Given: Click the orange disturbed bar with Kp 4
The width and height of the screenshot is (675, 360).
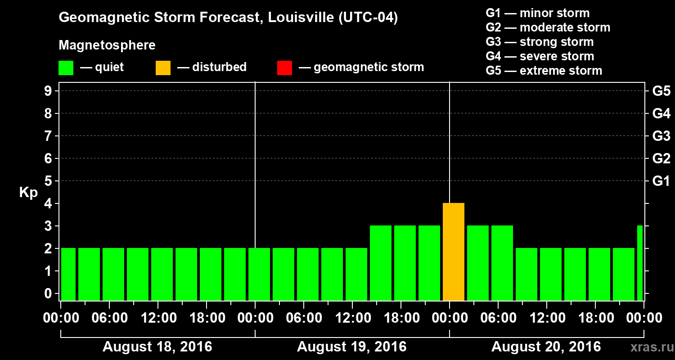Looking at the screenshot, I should (453, 252).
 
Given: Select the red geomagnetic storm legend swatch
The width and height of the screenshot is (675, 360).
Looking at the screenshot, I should (284, 68).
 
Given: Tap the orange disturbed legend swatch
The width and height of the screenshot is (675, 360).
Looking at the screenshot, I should (163, 68).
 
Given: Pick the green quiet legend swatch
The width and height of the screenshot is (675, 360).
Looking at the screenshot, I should (66, 68).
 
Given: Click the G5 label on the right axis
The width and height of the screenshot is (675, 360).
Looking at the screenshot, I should (661, 91).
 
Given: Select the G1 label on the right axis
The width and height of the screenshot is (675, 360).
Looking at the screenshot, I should (661, 181).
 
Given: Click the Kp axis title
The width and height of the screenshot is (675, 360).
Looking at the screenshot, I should (28, 193).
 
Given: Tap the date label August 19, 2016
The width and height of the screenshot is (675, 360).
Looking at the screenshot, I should (351, 347).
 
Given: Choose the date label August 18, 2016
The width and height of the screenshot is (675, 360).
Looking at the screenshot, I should (157, 347).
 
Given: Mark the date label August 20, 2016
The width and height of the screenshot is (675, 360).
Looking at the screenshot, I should (546, 347).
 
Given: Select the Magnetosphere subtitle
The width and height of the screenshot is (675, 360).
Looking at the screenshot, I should (107, 45).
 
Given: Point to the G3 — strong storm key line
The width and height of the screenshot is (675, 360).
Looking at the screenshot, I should (540, 42).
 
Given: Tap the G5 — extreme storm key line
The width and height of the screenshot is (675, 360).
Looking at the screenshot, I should (544, 71).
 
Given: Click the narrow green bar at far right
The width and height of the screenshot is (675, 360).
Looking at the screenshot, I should (640, 263).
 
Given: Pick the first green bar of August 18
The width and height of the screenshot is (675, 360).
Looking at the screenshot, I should (68, 274).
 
